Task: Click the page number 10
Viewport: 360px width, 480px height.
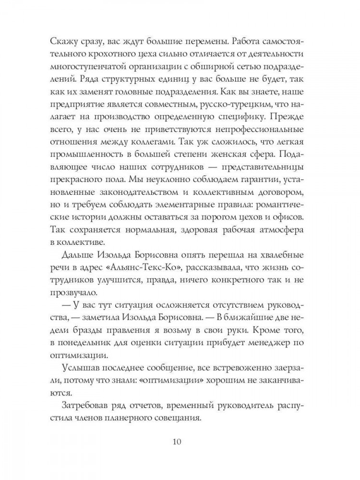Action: tap(180, 441)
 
